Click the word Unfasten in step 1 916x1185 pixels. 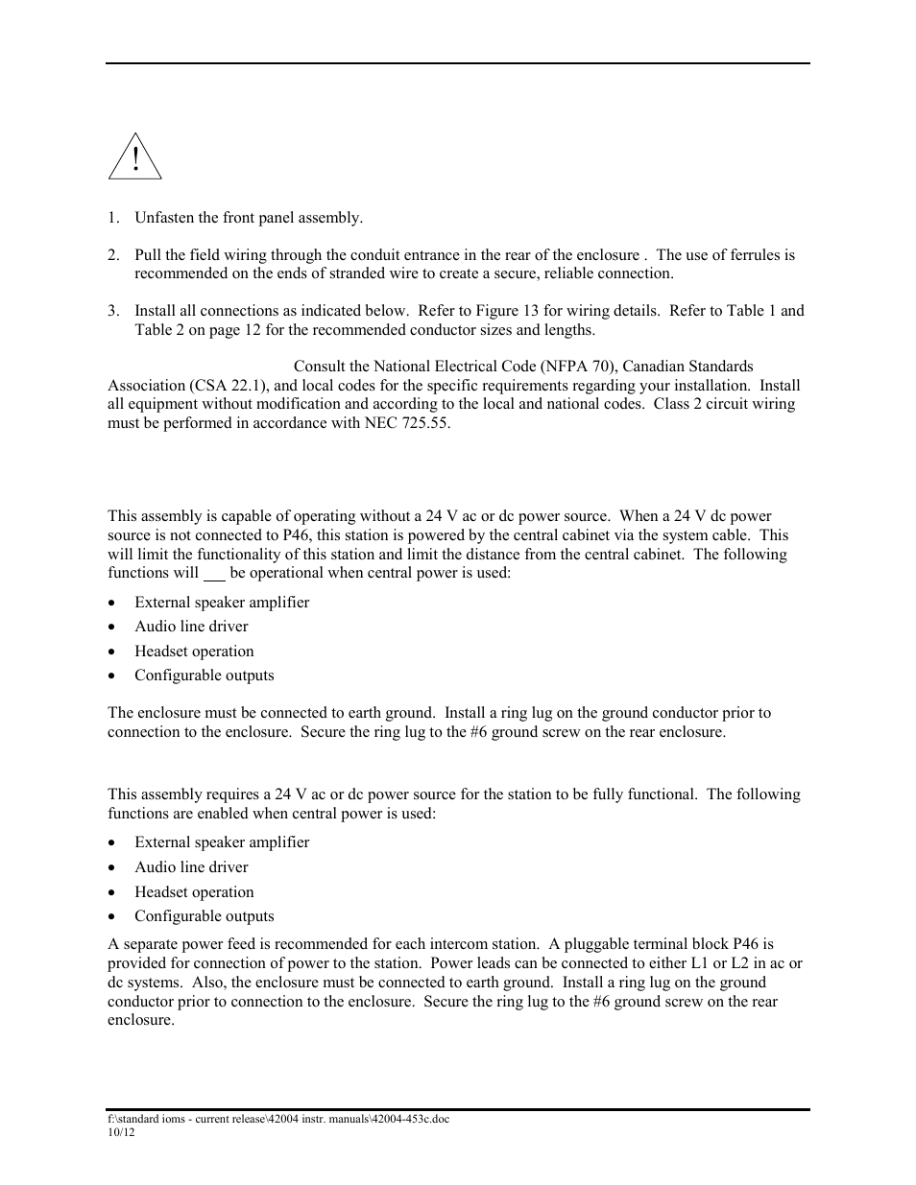[x=163, y=218]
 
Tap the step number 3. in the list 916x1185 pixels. [x=113, y=311]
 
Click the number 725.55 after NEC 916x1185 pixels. [x=425, y=423]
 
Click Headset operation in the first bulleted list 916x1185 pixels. [x=194, y=652]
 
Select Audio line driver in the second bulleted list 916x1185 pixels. [x=191, y=867]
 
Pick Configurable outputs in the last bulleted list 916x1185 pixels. [x=204, y=916]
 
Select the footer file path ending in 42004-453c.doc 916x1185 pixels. [x=277, y=1120]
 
